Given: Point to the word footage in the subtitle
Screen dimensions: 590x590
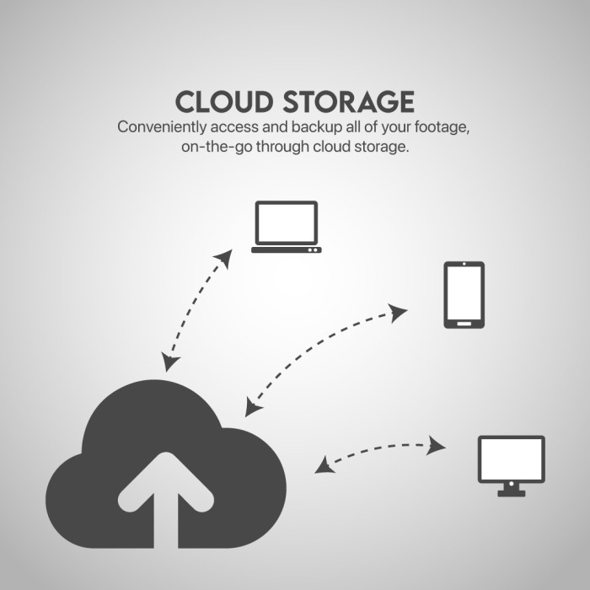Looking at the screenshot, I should click(x=439, y=128).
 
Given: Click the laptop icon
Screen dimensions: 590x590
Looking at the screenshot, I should click(x=286, y=227).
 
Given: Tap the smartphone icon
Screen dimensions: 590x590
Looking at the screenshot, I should click(x=464, y=294).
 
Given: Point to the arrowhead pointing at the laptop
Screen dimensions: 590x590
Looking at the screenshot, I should click(x=225, y=256).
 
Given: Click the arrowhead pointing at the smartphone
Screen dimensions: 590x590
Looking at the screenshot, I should click(x=400, y=312).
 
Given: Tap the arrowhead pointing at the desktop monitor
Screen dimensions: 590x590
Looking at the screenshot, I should click(x=437, y=445).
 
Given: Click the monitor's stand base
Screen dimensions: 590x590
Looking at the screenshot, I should click(x=511, y=493).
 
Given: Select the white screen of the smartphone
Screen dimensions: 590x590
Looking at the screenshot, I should click(x=464, y=292).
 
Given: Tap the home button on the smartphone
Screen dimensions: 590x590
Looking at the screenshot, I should click(x=464, y=321).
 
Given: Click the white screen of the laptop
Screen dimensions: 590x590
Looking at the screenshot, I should click(x=286, y=222).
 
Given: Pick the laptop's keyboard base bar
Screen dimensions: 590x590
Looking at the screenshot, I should click(x=286, y=249).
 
